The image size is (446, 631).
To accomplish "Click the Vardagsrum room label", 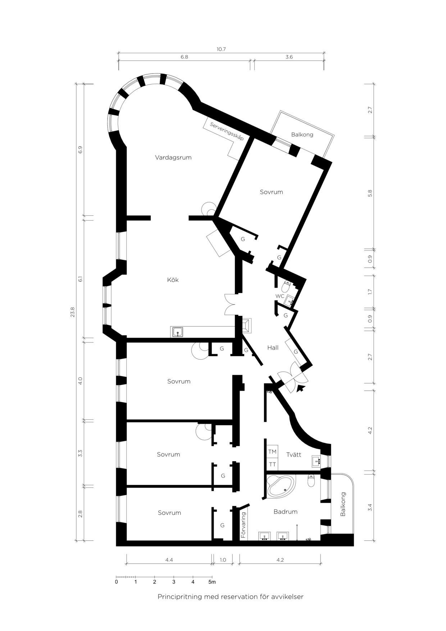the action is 173,158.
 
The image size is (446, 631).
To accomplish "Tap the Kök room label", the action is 173,280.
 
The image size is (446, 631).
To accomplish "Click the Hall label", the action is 273,348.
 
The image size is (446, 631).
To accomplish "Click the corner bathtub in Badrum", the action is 280,486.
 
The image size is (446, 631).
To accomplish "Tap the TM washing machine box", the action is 272,451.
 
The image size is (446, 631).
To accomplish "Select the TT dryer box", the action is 272,464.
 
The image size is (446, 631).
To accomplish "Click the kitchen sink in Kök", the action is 177,332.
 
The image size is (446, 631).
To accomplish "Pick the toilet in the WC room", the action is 286,287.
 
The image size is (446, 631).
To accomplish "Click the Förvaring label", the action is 244,525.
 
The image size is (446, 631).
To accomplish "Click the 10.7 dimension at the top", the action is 221,49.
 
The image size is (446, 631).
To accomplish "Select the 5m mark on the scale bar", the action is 212,582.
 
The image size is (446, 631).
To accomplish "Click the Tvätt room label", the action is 293,455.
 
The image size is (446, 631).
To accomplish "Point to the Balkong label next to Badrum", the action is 343,504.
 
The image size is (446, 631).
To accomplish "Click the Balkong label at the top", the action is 302,135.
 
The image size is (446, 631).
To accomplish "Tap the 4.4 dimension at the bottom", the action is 169,560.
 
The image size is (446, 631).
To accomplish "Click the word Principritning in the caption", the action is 179,597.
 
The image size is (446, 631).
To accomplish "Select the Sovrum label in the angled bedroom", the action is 271,192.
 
